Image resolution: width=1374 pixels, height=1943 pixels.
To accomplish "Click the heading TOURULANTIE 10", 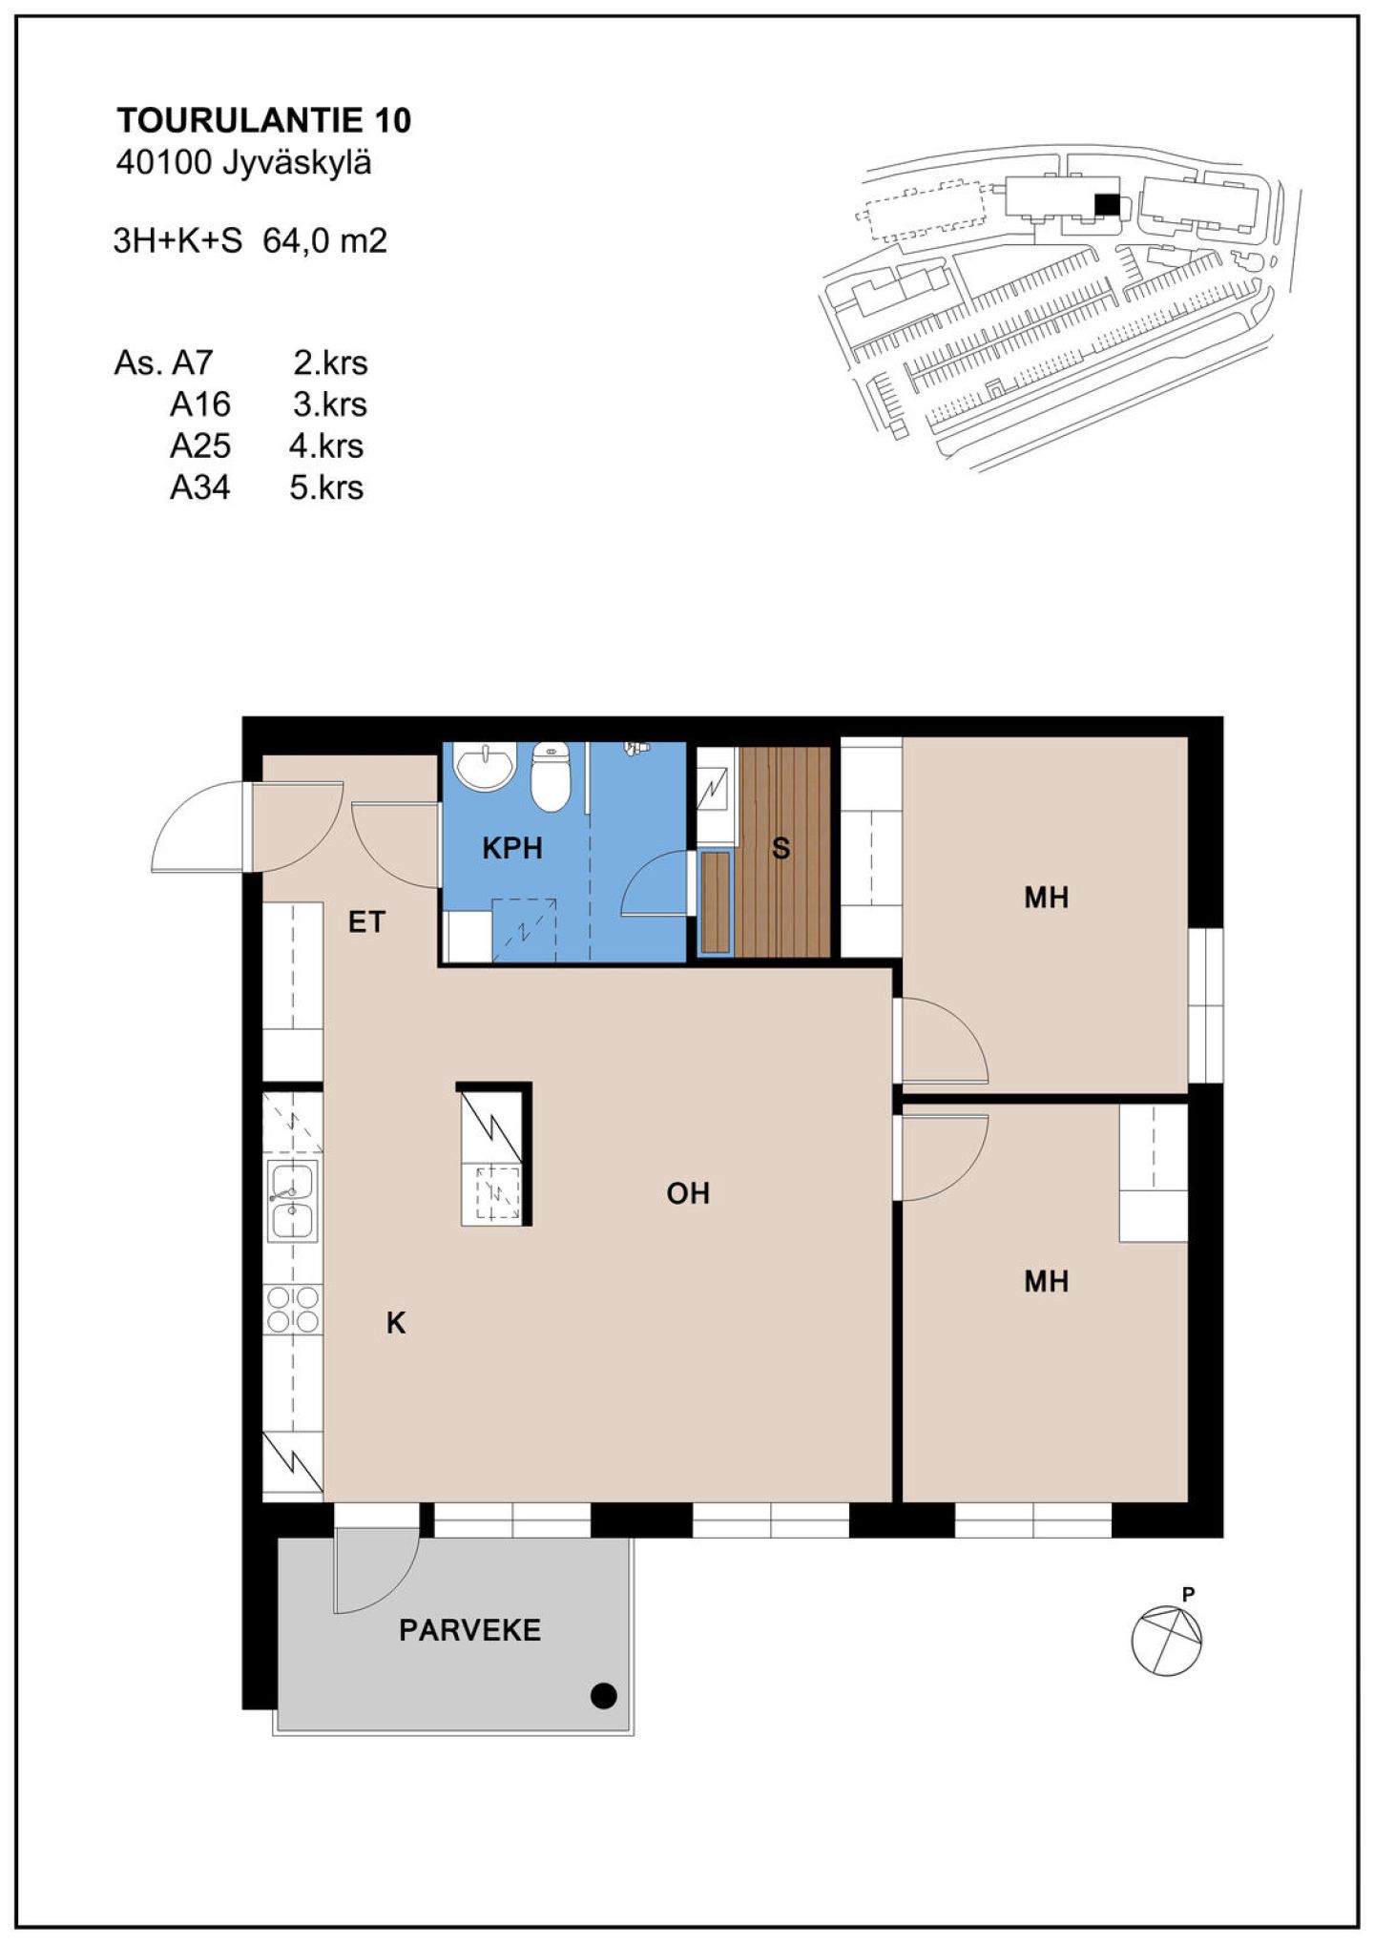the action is point(264,120).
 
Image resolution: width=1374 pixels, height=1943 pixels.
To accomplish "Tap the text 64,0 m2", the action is point(325,240).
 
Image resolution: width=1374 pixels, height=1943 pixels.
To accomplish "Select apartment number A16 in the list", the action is point(200,404).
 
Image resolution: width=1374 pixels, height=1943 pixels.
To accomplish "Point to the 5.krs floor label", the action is point(327,487).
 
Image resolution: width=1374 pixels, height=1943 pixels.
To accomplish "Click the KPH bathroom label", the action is point(512,848).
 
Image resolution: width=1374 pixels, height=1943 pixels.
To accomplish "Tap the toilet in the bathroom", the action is point(550,776).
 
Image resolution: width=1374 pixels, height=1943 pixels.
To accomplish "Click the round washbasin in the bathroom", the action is point(485,767).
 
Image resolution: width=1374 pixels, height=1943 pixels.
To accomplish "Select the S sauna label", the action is point(781,848).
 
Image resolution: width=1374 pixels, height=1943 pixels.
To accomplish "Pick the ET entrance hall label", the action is point(366,922).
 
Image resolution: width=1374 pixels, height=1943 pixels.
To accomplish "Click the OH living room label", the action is point(688,1193).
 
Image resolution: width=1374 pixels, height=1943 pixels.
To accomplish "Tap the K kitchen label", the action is point(396,1323).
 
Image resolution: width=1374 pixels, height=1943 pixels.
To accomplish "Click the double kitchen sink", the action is point(292,1202).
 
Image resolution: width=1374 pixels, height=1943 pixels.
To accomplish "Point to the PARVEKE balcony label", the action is point(470,1630).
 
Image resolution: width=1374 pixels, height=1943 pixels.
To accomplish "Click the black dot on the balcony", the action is point(604,1696).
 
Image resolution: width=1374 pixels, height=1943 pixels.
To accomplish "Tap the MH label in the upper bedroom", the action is point(1046,898).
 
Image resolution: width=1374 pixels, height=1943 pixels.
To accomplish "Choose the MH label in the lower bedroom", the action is point(1046,1281).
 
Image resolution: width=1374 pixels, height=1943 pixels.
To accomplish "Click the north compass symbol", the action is point(1166,1640).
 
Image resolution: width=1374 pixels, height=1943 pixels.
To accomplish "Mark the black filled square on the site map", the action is point(1106,205).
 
